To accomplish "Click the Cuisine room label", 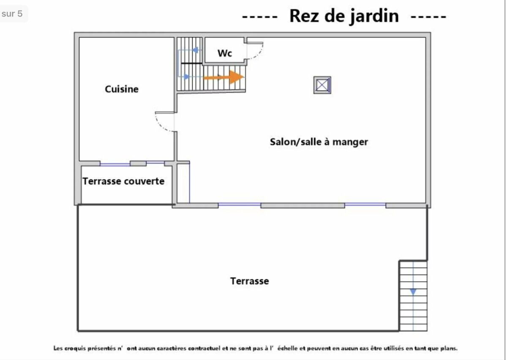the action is click(122, 89).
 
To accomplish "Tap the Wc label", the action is click(225, 53).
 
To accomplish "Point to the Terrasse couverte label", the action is click(123, 181).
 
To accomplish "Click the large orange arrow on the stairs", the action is click(224, 77).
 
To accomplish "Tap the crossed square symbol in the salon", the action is click(322, 85).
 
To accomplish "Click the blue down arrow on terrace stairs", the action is click(413, 292).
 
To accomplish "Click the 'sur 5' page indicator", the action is click(12, 14).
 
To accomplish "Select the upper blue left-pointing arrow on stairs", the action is click(195, 50).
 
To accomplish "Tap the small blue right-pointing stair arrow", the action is click(187, 77).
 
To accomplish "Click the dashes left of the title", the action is click(260, 16).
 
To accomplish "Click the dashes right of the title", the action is click(428, 16).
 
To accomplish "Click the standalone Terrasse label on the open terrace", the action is click(250, 281).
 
